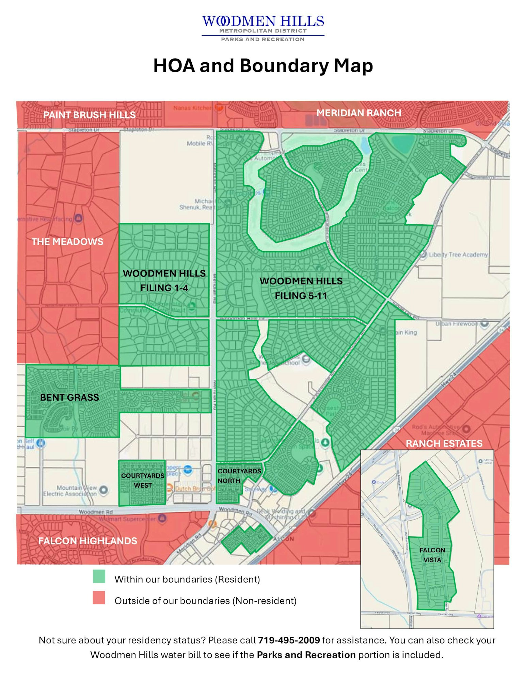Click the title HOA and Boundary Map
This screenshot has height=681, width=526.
pos(263,65)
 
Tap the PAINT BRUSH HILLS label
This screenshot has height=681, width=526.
pos(89,115)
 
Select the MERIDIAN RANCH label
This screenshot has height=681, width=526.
pos(359,113)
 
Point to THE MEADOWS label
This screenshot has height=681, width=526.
pos(67,241)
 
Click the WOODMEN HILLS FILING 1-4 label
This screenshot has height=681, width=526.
pos(164,281)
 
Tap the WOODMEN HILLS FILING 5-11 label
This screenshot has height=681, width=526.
pos(301,288)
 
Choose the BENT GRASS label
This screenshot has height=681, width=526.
pos(69,397)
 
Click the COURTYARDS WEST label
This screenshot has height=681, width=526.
pos(143,480)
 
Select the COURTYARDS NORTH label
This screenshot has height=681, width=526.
pos(239,476)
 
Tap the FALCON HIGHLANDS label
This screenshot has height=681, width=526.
pos(87,541)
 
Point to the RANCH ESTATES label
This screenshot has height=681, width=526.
pos(444,443)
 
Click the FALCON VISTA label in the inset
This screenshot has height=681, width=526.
pos(432,555)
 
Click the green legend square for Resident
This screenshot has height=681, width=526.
pos(99,576)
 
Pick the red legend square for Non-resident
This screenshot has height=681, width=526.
pos(99,598)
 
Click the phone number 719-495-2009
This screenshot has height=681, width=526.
pos(289,640)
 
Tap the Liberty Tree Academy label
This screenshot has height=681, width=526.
pos(458,254)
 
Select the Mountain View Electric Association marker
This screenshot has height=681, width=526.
pos(103,490)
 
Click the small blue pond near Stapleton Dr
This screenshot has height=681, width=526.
pos(365,145)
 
